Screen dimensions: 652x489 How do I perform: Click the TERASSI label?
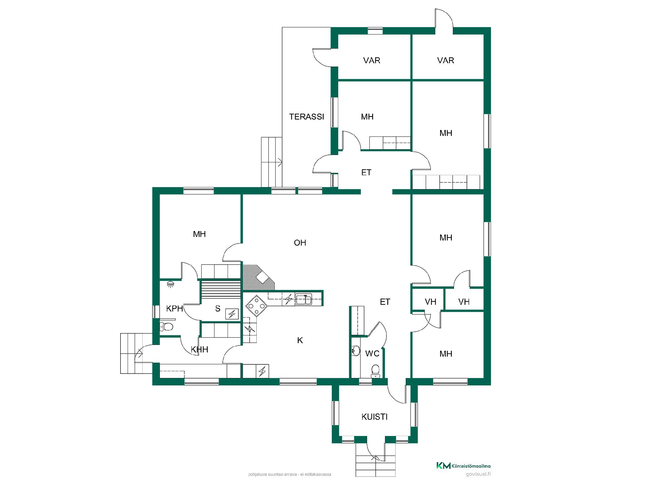pyautogui.click(x=307, y=117)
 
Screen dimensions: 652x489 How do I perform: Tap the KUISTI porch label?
pyautogui.click(x=375, y=417)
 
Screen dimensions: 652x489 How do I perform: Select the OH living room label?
pyautogui.click(x=300, y=243)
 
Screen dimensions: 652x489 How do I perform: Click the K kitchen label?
pyautogui.click(x=300, y=340)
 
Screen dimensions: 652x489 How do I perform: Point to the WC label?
pyautogui.click(x=372, y=354)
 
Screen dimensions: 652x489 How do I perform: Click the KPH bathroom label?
pyautogui.click(x=175, y=309)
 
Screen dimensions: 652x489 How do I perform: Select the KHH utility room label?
pyautogui.click(x=199, y=349)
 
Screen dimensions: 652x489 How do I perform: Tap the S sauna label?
pyautogui.click(x=218, y=309)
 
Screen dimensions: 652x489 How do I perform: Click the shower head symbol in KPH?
pyautogui.click(x=170, y=284)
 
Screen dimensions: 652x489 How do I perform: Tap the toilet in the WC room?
pyautogui.click(x=375, y=371)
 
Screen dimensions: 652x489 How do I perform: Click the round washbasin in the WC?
pyautogui.click(x=356, y=351)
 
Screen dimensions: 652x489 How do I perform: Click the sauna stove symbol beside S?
pyautogui.click(x=232, y=314)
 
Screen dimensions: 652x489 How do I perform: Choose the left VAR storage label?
pyautogui.click(x=372, y=60)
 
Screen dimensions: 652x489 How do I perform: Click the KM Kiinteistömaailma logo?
pyautogui.click(x=463, y=466)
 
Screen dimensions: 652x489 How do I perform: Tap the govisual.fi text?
pyautogui.click(x=478, y=474)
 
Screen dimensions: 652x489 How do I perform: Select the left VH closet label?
pyautogui.click(x=430, y=302)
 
